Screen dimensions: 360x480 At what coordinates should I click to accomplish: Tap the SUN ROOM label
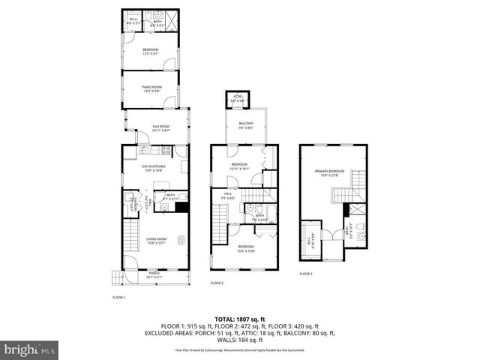161,127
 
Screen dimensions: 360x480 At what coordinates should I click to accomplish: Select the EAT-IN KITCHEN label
153,168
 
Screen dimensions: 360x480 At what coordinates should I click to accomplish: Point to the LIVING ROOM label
156,241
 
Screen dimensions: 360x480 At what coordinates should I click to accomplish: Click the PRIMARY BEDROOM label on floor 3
329,172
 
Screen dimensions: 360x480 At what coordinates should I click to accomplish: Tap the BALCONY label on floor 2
246,124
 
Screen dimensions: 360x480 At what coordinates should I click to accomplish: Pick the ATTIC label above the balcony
238,98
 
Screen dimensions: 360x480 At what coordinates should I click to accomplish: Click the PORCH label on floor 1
154,274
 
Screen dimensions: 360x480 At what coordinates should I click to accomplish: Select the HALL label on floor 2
228,196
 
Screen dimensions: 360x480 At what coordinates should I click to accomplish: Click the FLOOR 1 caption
118,298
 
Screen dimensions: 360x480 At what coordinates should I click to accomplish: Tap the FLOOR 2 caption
217,283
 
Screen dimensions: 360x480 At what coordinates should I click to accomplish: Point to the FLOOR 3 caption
305,274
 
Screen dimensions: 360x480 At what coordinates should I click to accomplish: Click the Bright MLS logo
28,349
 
